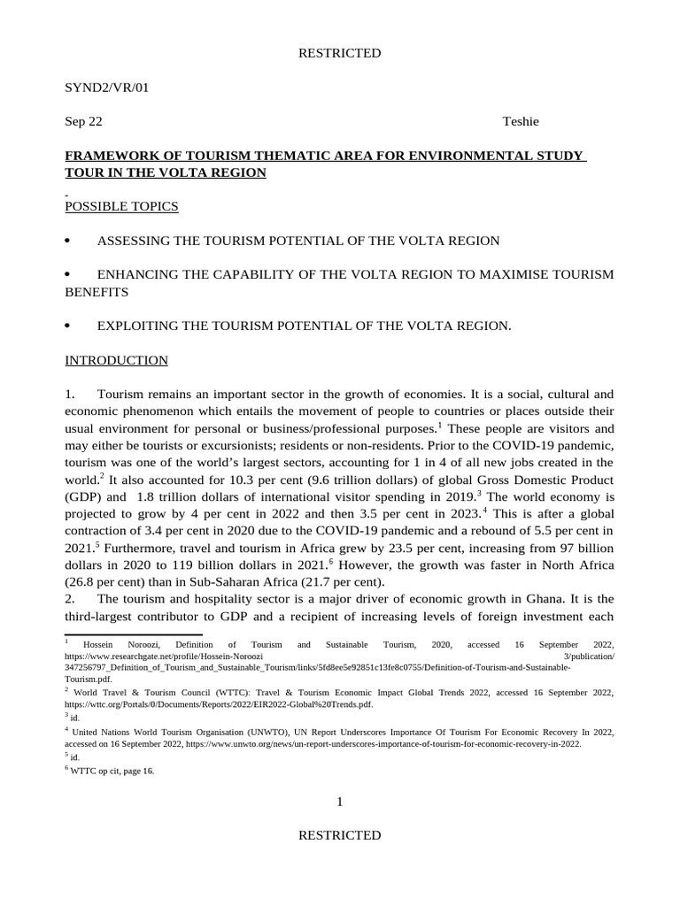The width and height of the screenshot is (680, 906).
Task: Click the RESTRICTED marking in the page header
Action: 339,53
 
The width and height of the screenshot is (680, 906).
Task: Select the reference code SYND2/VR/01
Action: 101,88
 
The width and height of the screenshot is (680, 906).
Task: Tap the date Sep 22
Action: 84,122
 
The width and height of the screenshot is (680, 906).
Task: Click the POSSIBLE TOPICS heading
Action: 121,206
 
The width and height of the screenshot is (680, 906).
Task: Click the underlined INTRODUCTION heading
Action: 116,360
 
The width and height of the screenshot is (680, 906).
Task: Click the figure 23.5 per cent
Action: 462,547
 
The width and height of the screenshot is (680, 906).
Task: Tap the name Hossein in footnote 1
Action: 96,646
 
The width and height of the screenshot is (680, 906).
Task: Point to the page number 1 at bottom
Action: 339,802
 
